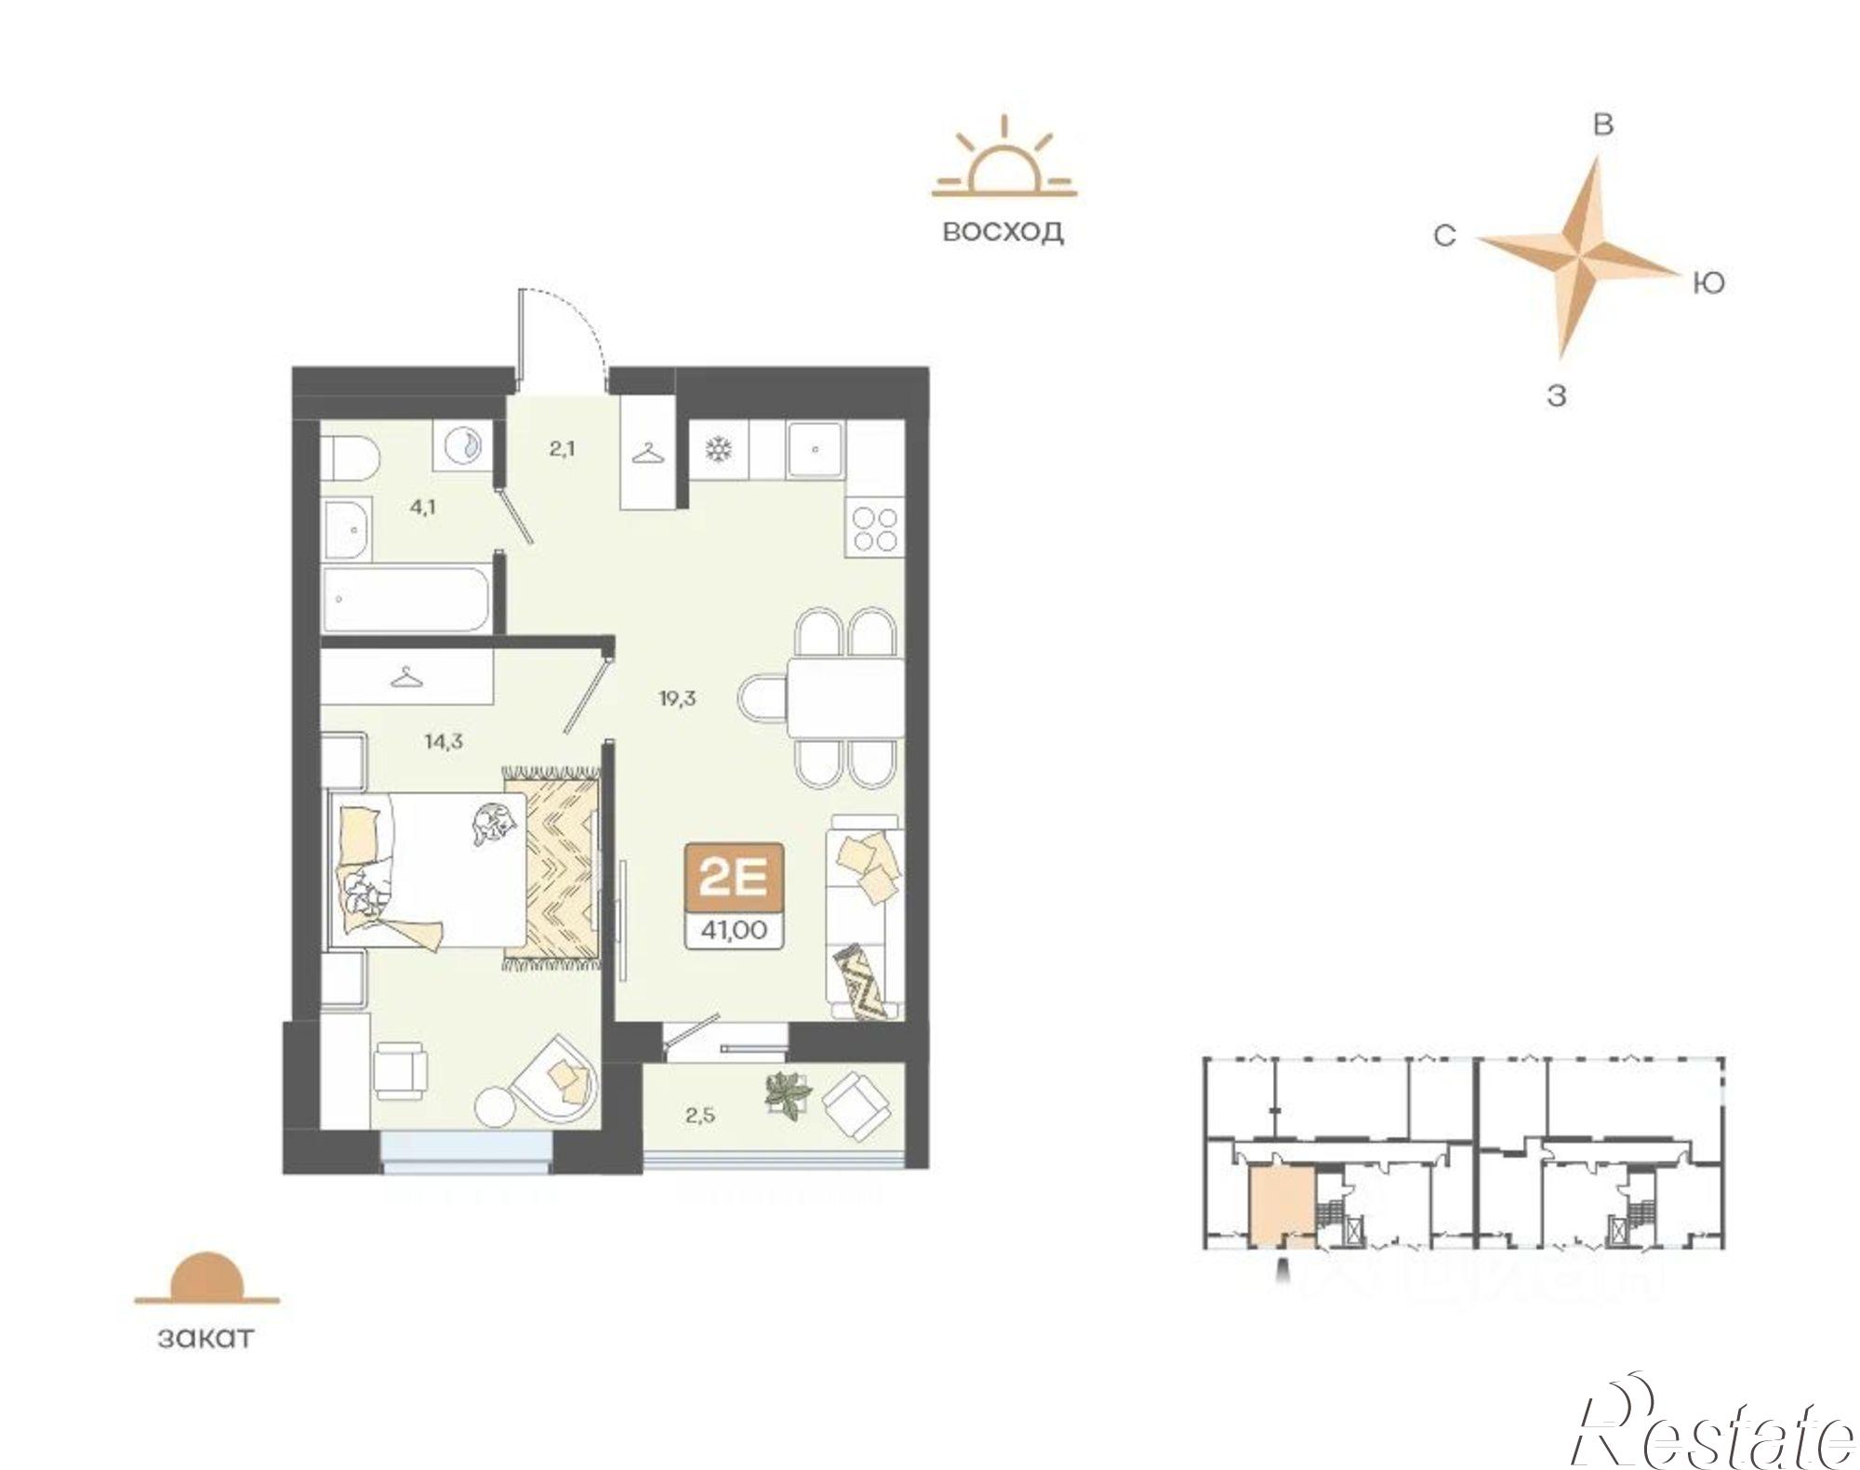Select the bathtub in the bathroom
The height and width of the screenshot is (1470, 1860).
click(407, 599)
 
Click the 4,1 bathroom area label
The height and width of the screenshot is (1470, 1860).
click(423, 508)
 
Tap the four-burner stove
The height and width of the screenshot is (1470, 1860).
click(874, 527)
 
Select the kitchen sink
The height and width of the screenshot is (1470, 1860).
click(815, 450)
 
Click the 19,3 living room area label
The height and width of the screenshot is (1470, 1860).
click(678, 699)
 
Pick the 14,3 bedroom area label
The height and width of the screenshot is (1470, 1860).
click(444, 742)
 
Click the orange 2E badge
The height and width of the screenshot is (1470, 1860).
click(734, 878)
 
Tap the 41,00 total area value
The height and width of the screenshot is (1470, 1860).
click(734, 930)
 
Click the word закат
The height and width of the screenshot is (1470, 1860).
click(206, 1338)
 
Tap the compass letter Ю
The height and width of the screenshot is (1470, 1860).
click(1708, 282)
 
